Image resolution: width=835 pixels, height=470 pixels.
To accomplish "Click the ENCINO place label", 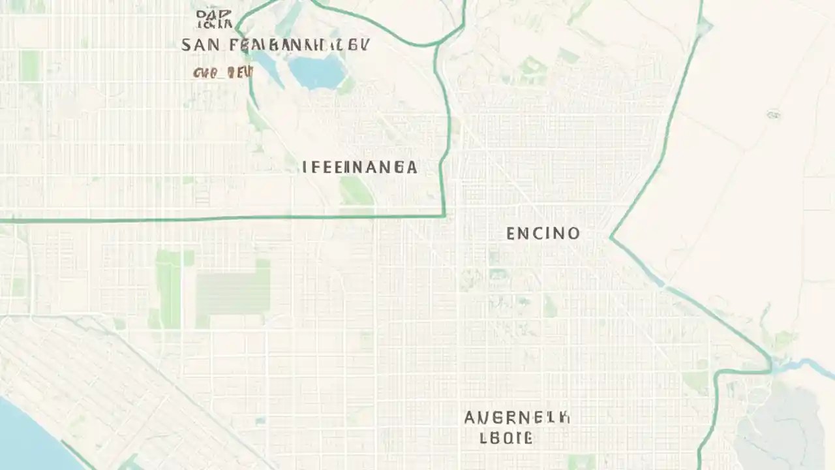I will [x=543, y=233].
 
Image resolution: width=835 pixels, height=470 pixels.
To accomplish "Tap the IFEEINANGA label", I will [x=359, y=167].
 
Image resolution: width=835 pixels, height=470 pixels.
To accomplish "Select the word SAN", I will [x=196, y=45].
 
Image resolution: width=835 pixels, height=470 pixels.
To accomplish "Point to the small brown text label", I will [x=222, y=73].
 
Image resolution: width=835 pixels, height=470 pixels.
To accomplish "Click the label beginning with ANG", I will [x=517, y=418].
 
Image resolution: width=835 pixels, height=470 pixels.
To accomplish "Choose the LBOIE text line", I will [x=506, y=438].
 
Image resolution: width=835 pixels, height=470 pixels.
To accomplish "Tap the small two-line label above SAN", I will [x=214, y=19].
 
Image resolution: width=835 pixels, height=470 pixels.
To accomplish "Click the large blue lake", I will [x=318, y=70].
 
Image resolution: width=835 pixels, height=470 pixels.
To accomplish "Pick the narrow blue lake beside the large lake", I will [x=267, y=65].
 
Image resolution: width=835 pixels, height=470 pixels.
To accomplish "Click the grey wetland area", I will [x=780, y=424].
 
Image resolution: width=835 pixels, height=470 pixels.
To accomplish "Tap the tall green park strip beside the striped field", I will [x=168, y=287].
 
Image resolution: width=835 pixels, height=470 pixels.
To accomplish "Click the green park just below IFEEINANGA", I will [x=356, y=191].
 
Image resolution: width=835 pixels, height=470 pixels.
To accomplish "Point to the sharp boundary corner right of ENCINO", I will [x=611, y=237].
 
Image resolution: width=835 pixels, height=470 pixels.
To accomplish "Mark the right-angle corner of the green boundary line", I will [x=444, y=215].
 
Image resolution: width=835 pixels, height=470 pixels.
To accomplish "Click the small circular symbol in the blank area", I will [x=774, y=115].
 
